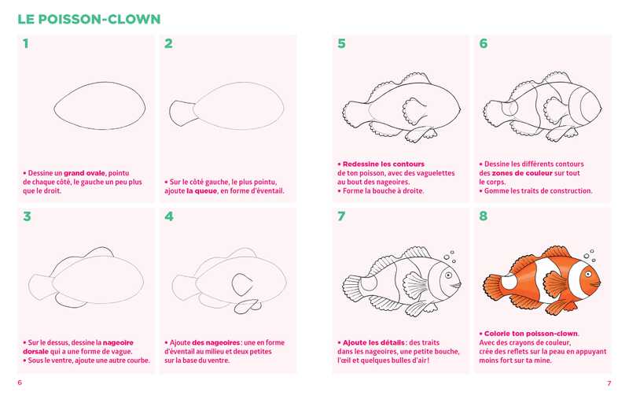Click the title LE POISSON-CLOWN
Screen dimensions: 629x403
[89, 19]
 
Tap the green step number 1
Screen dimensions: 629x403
[26, 43]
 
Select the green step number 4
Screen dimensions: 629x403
[169, 216]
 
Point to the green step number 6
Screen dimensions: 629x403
[484, 43]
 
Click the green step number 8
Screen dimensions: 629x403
[484, 216]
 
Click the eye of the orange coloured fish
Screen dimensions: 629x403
[588, 274]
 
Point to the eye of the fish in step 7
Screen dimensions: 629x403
[448, 275]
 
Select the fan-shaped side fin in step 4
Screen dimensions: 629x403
[242, 285]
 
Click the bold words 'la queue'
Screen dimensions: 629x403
[201, 190]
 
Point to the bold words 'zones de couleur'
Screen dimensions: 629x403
[521, 173]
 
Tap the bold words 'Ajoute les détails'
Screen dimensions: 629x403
[373, 342]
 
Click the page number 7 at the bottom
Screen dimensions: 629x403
[609, 383]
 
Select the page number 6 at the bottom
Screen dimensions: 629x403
[20, 383]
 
